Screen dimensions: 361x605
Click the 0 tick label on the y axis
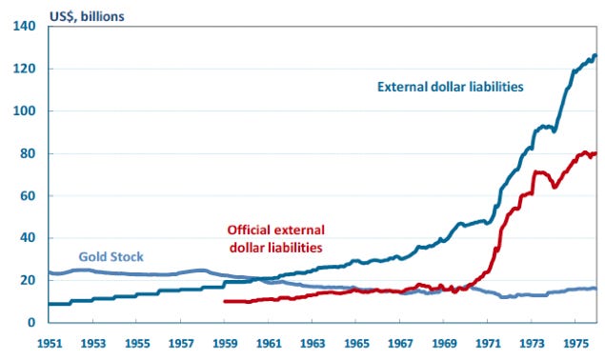point(31,323)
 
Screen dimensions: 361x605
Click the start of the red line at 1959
point(223,301)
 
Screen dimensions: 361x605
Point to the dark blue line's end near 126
point(595,56)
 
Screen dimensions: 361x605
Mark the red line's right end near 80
point(595,153)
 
